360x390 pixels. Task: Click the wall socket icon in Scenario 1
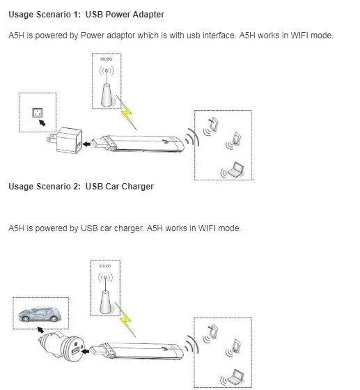click(x=38, y=113)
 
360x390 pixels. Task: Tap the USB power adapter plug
click(x=65, y=140)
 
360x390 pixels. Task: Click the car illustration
click(x=40, y=314)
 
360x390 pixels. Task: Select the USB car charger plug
click(x=62, y=346)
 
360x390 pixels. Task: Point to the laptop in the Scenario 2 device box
click(x=235, y=377)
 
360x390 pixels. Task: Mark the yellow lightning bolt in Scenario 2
click(x=125, y=321)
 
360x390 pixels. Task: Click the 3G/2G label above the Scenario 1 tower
click(x=106, y=59)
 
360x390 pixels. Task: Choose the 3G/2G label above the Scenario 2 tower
click(x=104, y=266)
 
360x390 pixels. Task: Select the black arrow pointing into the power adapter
click(x=86, y=144)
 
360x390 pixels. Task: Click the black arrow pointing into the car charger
click(x=85, y=352)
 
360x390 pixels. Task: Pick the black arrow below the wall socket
click(x=42, y=123)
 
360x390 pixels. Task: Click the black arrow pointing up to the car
click(x=40, y=330)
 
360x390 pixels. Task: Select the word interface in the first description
click(x=219, y=36)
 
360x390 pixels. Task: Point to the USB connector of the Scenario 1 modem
click(x=96, y=143)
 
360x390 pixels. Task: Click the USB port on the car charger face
click(x=75, y=351)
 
